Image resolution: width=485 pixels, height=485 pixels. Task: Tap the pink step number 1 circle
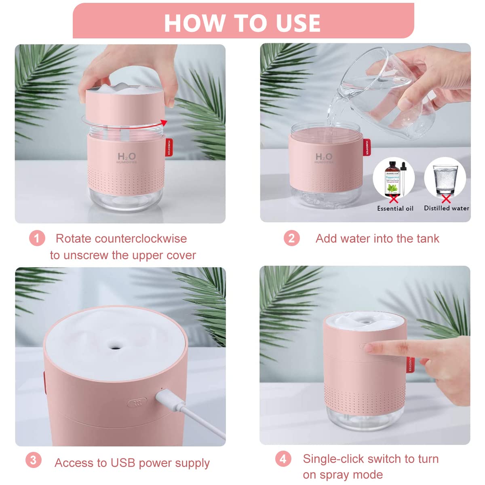[x=37, y=238]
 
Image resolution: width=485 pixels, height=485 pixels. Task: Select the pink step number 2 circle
[x=291, y=238]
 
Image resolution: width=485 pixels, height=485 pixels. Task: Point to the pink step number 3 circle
[x=34, y=460]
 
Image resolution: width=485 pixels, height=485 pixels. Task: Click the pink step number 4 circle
[x=283, y=459]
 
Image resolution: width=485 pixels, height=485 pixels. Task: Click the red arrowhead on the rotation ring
[x=163, y=122]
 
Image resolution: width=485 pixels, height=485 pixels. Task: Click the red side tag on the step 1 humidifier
[x=169, y=148]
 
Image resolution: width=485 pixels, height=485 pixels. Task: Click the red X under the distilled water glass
[x=446, y=198]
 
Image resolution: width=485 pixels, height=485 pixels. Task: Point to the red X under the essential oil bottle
[x=393, y=199]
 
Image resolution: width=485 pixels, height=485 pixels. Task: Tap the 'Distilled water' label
[x=446, y=208]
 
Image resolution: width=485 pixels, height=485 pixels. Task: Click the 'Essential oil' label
[x=395, y=209]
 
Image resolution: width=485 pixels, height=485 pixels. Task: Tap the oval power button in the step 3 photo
[x=137, y=403]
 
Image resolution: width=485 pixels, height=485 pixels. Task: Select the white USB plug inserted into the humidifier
[x=166, y=399]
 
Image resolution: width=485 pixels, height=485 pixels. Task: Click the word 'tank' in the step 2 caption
[x=428, y=238]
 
